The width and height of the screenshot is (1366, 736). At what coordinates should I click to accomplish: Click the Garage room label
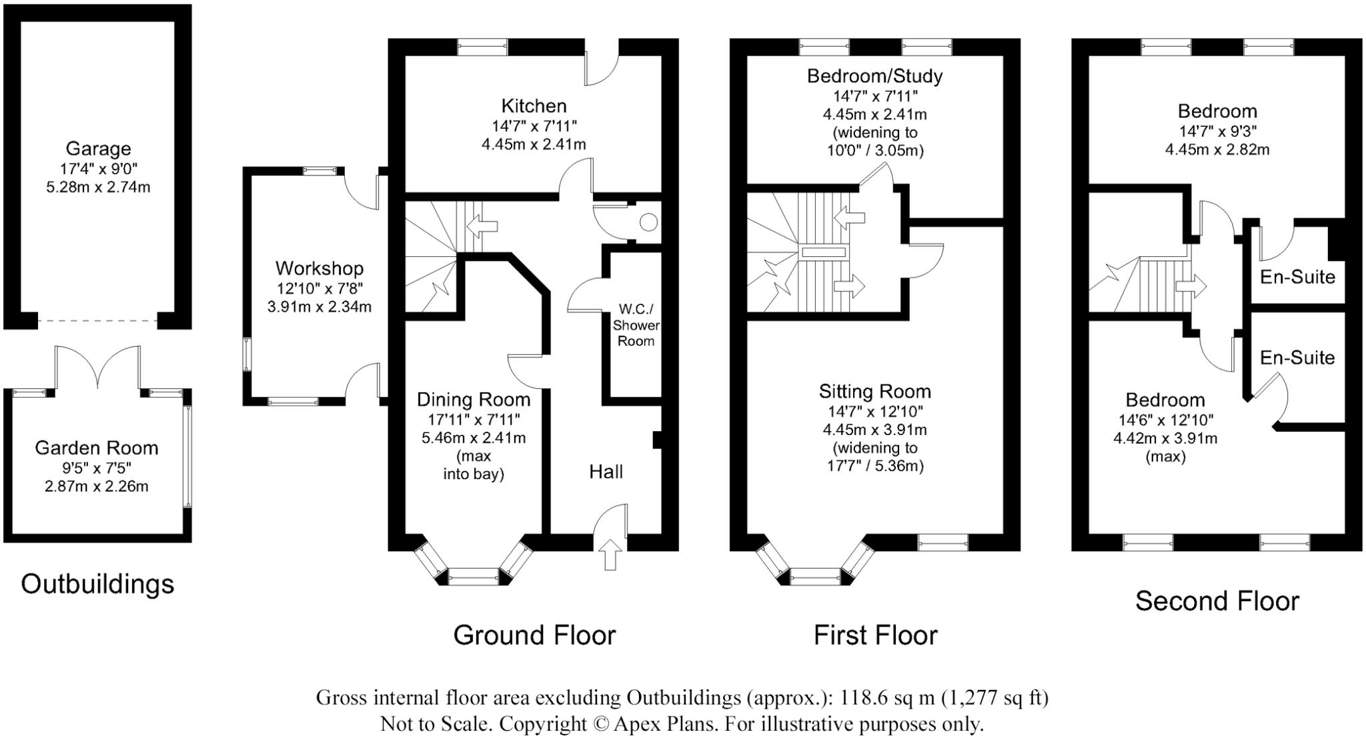coord(98,148)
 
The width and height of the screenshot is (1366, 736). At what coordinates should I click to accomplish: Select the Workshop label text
coord(319,268)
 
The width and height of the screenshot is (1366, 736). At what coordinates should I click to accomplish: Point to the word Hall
coord(606,472)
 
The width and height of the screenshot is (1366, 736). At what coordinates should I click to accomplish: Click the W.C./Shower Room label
coord(636,325)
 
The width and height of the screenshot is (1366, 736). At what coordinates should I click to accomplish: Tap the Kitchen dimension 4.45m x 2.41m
coord(534,143)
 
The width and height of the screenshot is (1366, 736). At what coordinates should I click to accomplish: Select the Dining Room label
coord(474,399)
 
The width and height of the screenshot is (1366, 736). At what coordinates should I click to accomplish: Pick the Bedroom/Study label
coord(874,76)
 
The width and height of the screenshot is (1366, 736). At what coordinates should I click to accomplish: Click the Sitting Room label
coord(874,391)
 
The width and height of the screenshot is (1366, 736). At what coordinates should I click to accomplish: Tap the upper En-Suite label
coord(1297,276)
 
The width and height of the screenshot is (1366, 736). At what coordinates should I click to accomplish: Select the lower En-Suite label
coord(1297,358)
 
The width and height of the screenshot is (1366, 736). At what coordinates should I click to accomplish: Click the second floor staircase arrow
coord(1191,287)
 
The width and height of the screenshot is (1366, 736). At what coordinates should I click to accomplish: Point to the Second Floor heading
coord(1217,601)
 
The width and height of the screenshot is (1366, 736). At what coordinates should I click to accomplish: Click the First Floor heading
coord(875,635)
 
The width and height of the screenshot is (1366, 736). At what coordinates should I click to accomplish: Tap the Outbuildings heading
coord(97,584)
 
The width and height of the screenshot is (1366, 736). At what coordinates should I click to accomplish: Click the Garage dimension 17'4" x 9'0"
coord(98,168)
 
